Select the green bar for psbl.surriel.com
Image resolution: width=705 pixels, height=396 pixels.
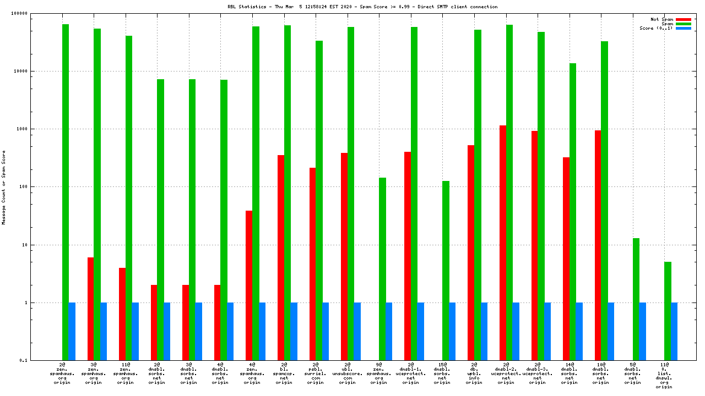[x=319, y=200]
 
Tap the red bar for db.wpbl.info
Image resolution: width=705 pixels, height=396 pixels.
[x=471, y=252]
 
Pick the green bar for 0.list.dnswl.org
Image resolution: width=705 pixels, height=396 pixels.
[x=668, y=311]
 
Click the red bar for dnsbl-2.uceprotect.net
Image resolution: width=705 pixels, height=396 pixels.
[x=503, y=243]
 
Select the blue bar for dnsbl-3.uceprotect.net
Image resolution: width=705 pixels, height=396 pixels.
[x=547, y=331]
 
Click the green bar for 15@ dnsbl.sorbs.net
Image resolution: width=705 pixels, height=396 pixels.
[x=446, y=270]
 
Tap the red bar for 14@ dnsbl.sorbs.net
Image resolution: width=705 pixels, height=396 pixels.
[x=566, y=258]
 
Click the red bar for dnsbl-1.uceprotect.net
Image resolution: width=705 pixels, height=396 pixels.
[x=408, y=256]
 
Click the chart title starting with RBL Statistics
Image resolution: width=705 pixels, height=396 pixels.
[x=362, y=7]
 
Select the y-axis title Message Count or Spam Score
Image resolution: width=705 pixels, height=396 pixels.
[x=4, y=187]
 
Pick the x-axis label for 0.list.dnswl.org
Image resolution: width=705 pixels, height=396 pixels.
[x=664, y=376]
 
